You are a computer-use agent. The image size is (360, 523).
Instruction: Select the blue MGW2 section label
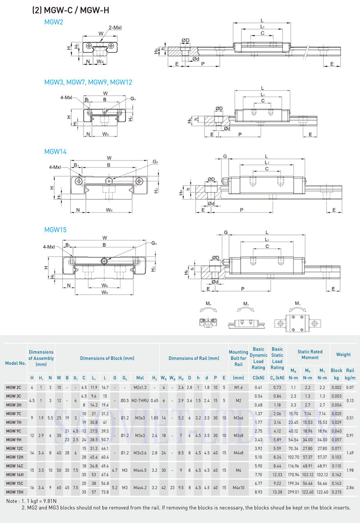(x=53, y=22)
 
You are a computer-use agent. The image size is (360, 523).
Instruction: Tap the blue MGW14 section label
(x=55, y=151)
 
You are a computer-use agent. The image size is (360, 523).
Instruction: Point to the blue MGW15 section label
(x=55, y=230)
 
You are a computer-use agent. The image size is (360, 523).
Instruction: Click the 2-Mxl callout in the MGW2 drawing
(x=115, y=28)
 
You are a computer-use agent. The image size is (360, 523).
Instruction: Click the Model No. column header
(x=15, y=363)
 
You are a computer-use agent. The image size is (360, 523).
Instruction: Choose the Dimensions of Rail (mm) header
(x=193, y=358)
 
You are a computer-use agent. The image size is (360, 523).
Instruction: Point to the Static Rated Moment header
(x=310, y=354)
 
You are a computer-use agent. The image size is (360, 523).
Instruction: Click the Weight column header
(x=343, y=354)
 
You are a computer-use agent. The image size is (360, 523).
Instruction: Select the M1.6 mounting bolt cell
(x=238, y=387)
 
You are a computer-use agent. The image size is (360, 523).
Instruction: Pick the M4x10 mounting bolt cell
(x=238, y=488)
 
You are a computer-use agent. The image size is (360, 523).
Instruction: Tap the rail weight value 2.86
(x=350, y=488)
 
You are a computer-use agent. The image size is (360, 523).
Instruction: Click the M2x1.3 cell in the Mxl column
(x=140, y=387)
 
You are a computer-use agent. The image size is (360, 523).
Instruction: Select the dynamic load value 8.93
(x=259, y=492)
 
